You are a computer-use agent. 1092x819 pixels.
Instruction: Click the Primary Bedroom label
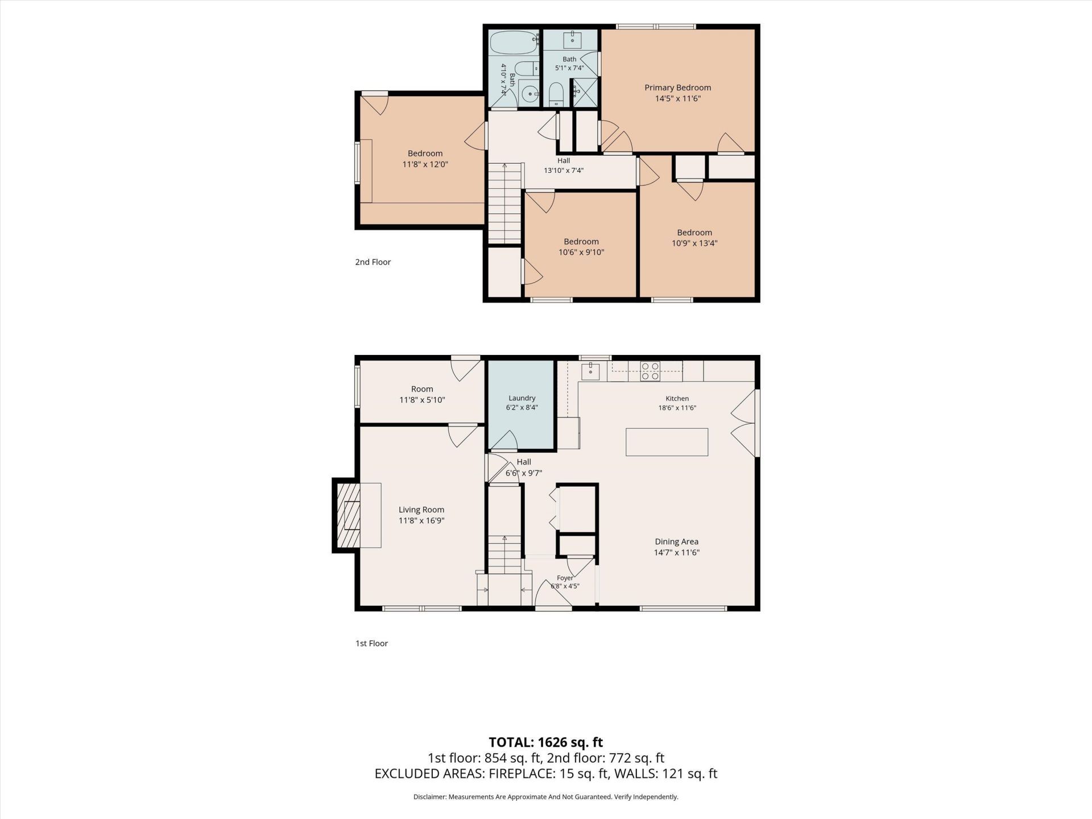pyautogui.click(x=677, y=88)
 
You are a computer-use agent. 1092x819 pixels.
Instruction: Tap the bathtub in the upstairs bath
pyautogui.click(x=514, y=42)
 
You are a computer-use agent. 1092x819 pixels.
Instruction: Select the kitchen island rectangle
pyautogui.click(x=667, y=442)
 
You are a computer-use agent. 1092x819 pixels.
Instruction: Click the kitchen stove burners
pyautogui.click(x=650, y=371)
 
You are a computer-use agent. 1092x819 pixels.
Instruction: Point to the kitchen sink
pyautogui.click(x=590, y=370)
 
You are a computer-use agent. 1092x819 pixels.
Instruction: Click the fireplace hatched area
pyautogui.click(x=349, y=515)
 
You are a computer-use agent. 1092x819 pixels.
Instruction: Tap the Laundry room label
pyautogui.click(x=522, y=398)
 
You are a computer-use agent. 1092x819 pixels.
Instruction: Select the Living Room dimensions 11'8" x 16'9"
pyautogui.click(x=421, y=520)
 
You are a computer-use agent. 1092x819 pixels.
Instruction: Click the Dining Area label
pyautogui.click(x=676, y=541)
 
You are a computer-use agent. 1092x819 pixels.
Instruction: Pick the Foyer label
pyautogui.click(x=565, y=578)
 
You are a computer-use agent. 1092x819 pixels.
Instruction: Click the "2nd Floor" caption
pyautogui.click(x=373, y=262)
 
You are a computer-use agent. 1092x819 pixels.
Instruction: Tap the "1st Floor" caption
pyautogui.click(x=371, y=643)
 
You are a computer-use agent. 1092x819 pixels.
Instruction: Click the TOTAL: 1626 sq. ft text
pyautogui.click(x=545, y=742)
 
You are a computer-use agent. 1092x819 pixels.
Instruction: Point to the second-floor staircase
pyautogui.click(x=505, y=203)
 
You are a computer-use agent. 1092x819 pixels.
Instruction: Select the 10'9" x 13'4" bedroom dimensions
pyautogui.click(x=694, y=243)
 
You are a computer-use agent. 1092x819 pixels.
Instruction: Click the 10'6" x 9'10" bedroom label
pyautogui.click(x=581, y=247)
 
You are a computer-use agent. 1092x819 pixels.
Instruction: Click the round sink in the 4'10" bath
pyautogui.click(x=531, y=93)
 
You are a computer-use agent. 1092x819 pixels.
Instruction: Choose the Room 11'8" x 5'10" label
pyautogui.click(x=422, y=394)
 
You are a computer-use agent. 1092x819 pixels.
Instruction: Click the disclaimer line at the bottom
pyautogui.click(x=545, y=797)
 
